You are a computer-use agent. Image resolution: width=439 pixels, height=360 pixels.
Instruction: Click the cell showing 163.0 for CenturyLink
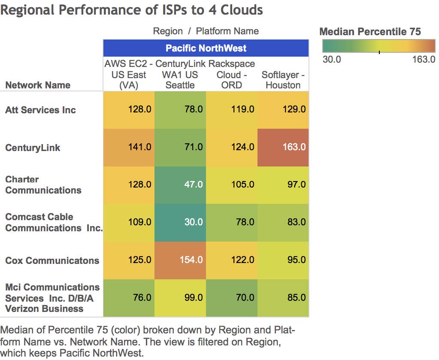[x=283, y=147]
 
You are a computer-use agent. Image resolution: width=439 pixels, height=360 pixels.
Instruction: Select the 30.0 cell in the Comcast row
[x=180, y=222]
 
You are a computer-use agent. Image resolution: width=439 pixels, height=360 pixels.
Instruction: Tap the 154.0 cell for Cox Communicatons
[x=180, y=260]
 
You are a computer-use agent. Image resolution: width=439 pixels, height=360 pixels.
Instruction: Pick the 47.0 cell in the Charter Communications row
[x=180, y=185]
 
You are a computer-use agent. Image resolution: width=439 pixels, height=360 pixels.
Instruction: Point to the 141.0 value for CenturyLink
[x=129, y=147]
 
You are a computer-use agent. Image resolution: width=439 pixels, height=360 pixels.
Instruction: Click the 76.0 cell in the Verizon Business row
[x=129, y=297]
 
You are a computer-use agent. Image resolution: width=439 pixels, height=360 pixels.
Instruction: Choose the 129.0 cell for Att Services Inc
[x=283, y=109]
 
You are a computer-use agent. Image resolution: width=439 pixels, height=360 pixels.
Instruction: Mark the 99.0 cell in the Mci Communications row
[x=180, y=297]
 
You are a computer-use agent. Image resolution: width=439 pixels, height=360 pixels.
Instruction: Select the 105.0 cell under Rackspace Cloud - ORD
[x=232, y=185]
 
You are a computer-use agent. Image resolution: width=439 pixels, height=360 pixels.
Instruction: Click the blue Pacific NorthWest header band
[x=206, y=48]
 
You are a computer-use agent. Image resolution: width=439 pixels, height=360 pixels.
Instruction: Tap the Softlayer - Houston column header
[x=283, y=80]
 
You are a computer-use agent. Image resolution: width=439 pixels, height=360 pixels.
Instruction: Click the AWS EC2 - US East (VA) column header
[x=129, y=75]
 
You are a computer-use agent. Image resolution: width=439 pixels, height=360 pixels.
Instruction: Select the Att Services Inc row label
[x=40, y=110]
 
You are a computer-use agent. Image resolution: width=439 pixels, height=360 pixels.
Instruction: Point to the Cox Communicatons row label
[x=52, y=260]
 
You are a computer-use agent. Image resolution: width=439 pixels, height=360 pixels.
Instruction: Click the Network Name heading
[x=38, y=85]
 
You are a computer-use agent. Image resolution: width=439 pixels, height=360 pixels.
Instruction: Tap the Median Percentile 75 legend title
[x=370, y=31]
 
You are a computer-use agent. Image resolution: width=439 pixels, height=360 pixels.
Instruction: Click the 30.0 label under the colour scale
[x=332, y=60]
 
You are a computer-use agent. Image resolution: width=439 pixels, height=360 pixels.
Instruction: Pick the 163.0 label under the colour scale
[x=424, y=60]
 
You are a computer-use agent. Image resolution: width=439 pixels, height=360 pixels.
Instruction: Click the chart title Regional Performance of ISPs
[x=131, y=10]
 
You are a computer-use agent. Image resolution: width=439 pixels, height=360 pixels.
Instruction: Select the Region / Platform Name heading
[x=206, y=31]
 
